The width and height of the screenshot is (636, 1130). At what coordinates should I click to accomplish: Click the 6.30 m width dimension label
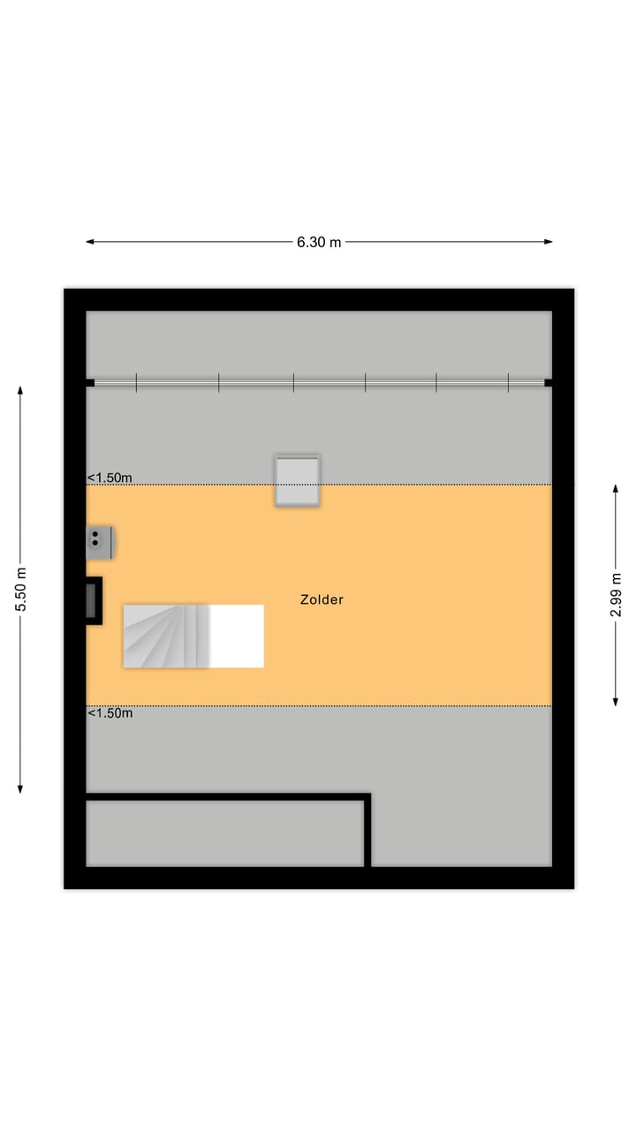pyautogui.click(x=319, y=243)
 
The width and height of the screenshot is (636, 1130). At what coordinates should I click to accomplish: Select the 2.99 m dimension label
pyautogui.click(x=617, y=595)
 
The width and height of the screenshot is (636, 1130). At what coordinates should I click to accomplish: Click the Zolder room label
pyautogui.click(x=322, y=599)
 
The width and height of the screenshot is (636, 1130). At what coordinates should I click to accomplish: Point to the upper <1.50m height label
pyautogui.click(x=110, y=478)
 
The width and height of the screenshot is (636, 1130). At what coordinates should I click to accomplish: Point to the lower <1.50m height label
pyautogui.click(x=110, y=713)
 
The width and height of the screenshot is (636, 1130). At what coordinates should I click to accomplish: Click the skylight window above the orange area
pyautogui.click(x=297, y=480)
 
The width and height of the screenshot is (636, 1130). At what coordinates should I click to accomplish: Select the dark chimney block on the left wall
pyautogui.click(x=92, y=600)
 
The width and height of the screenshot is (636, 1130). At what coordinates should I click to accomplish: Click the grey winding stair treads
pyautogui.click(x=166, y=636)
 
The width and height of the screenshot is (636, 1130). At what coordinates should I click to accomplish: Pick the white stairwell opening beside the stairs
pyautogui.click(x=237, y=636)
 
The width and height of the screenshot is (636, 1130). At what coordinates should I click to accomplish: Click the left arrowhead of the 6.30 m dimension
pyautogui.click(x=89, y=242)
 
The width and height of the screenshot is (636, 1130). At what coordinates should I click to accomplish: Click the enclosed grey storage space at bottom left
pyautogui.click(x=224, y=832)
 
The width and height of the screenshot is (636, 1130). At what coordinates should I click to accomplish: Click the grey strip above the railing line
pyautogui.click(x=318, y=344)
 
